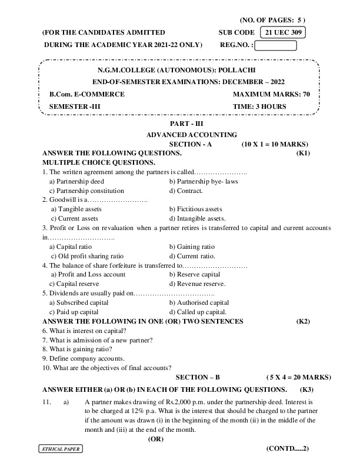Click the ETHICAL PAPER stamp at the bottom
coord(61,449)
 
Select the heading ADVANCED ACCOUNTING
coord(192,135)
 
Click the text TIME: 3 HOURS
coord(260,106)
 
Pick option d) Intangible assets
coord(196,218)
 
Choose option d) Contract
coord(186,191)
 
